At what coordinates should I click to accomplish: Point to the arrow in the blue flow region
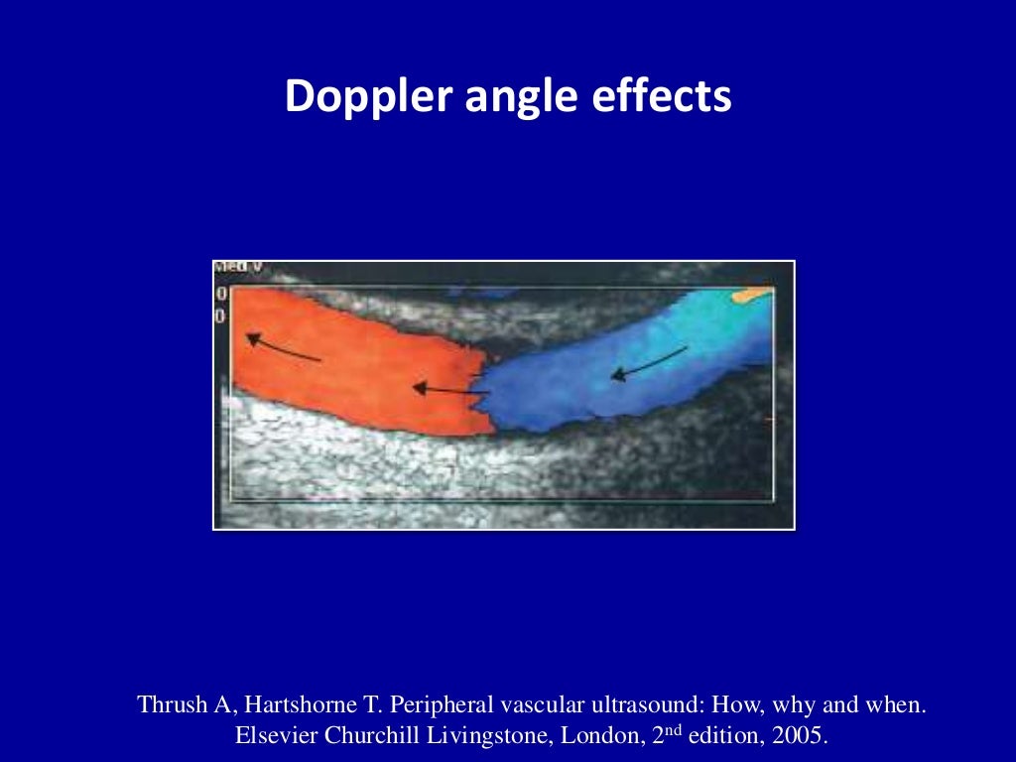(649, 363)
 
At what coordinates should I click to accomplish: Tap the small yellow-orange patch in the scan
(751, 295)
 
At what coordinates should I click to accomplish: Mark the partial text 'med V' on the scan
(236, 268)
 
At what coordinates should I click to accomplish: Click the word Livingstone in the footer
(469, 737)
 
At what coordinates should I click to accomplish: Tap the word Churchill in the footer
(362, 737)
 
